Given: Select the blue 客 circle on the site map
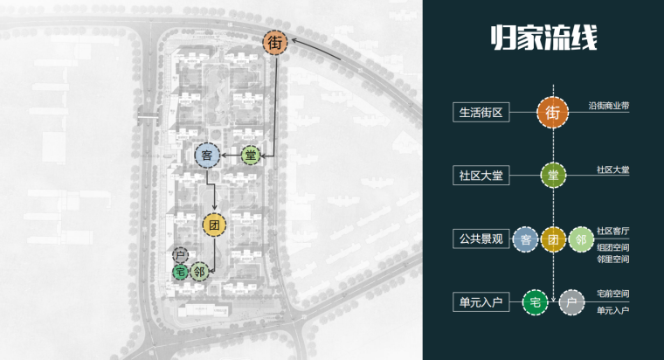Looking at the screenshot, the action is click(207, 156).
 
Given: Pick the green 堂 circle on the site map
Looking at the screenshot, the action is click(252, 156).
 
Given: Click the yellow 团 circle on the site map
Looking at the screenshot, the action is click(214, 225).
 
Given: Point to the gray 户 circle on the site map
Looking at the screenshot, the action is click(180, 256).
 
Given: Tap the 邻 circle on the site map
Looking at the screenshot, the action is click(200, 272).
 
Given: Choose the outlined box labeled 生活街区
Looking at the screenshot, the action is click(481, 114).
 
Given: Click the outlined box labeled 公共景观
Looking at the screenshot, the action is click(481, 239).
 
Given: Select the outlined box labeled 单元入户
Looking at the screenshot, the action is click(481, 302).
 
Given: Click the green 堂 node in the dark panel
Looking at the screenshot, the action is click(552, 175).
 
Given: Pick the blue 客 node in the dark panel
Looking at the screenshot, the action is click(525, 239).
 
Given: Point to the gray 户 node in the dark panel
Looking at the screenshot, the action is click(572, 302).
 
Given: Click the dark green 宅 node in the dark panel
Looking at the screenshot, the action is click(534, 302).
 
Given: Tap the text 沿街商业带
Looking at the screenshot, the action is click(609, 106).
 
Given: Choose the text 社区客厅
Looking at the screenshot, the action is click(613, 232).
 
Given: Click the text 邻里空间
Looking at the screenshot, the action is click(613, 260).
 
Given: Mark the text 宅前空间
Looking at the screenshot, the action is click(613, 294).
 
